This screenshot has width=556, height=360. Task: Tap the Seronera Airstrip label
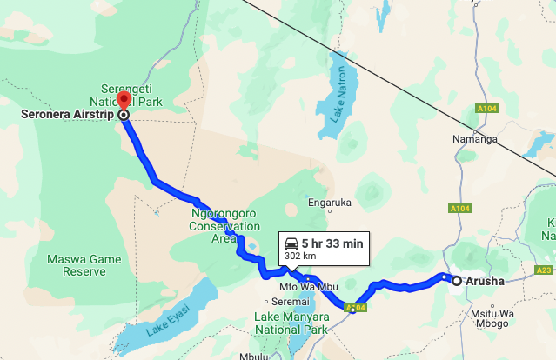(x=62, y=114)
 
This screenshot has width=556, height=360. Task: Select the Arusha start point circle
(x=456, y=280)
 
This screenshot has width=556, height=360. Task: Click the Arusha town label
(x=484, y=281)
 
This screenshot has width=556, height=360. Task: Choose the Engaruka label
(x=330, y=203)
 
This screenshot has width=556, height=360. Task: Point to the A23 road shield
(x=546, y=270)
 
